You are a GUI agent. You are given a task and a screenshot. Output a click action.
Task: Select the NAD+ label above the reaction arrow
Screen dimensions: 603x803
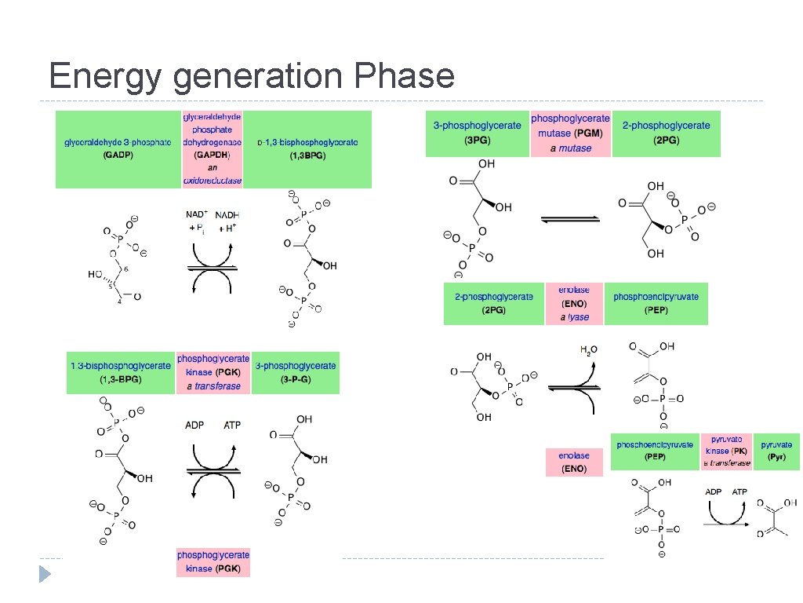coord(196,214)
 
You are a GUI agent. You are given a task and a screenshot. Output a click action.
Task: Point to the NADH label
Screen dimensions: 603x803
coord(227,214)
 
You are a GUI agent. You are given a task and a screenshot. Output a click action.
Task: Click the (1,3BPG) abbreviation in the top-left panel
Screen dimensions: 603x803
coord(307,155)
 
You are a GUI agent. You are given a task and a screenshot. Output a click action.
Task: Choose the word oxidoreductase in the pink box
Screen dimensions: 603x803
coord(213,181)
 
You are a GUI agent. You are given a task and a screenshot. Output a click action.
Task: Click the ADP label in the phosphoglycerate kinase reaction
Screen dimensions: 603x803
coord(194,425)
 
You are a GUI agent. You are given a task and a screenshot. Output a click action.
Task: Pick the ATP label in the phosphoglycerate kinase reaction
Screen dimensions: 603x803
coord(233,425)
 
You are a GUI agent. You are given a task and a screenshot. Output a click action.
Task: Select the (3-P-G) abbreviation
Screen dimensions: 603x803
coord(296,380)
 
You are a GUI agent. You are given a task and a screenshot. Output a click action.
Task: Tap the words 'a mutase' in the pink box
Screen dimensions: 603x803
coord(570,148)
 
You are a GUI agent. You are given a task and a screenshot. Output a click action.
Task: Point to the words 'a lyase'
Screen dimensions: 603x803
coord(574,317)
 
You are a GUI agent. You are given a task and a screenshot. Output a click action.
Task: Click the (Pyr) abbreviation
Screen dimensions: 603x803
coord(776,456)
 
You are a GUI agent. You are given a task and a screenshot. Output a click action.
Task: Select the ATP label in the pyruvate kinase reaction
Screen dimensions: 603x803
coord(739,492)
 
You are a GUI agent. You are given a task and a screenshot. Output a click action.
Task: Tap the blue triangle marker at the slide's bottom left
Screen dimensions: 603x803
coord(45,574)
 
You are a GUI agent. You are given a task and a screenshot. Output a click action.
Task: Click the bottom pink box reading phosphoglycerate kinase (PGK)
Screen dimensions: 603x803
coord(213,562)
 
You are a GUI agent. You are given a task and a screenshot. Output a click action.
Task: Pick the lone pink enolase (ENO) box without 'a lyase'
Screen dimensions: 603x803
coord(574,462)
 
